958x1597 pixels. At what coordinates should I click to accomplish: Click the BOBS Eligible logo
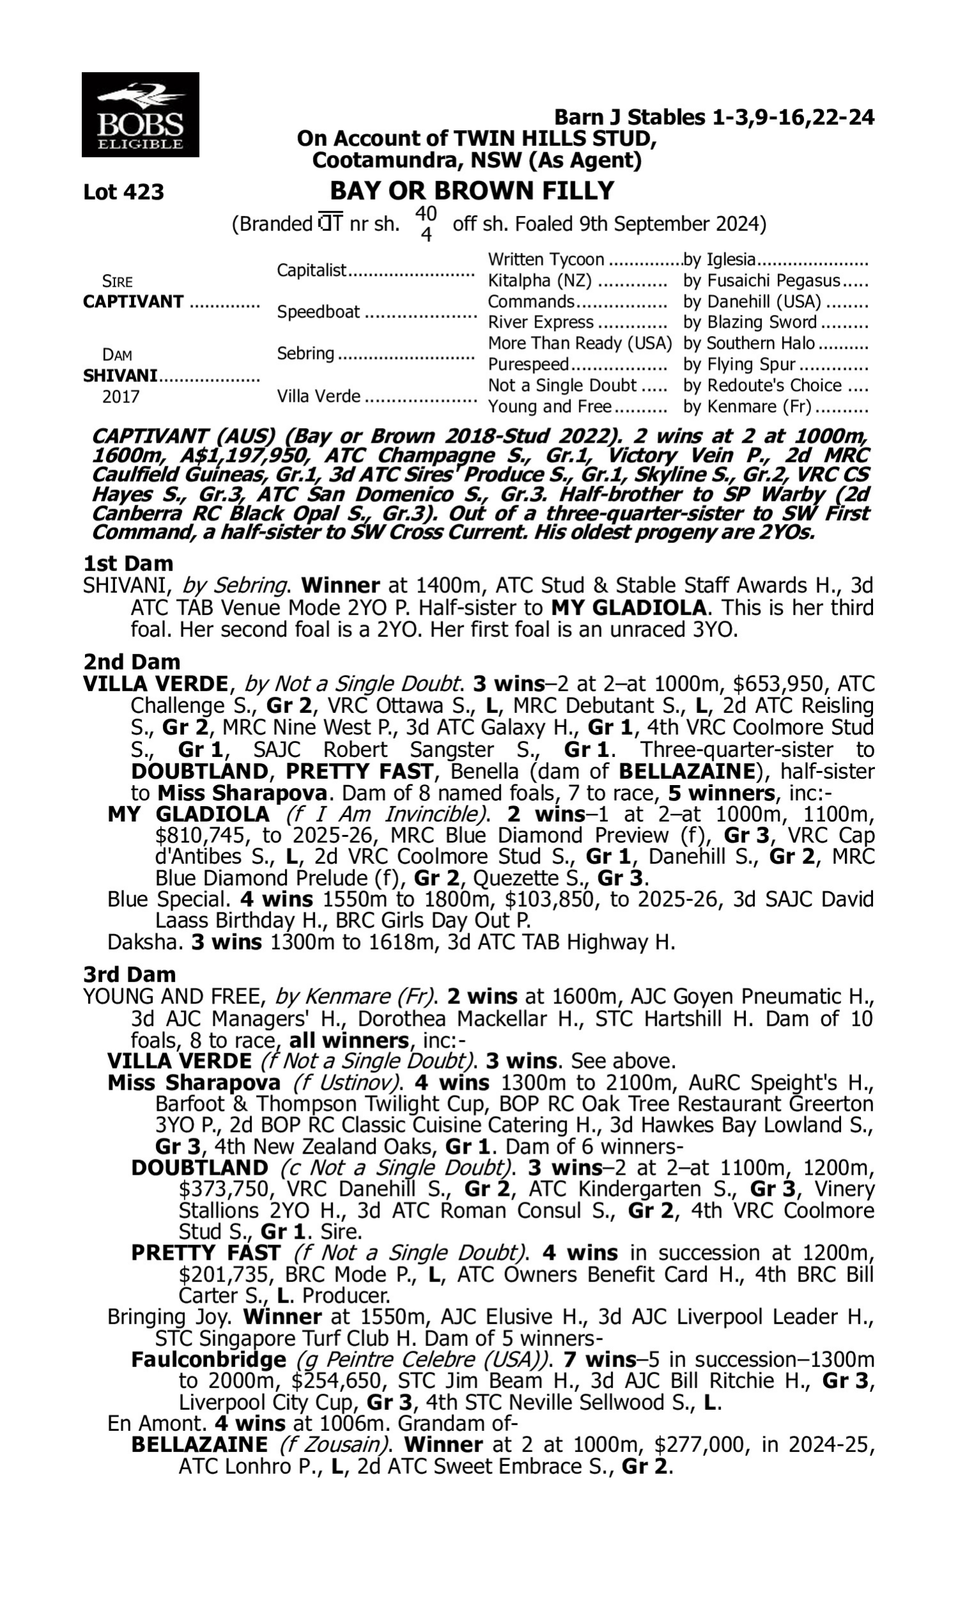[x=140, y=115]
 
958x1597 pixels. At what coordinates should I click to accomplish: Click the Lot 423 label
[x=123, y=192]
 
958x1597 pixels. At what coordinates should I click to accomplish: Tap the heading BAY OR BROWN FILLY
[x=472, y=190]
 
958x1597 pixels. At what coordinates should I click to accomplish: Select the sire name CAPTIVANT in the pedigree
[x=133, y=302]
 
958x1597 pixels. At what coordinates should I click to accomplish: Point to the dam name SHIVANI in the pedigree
[x=120, y=376]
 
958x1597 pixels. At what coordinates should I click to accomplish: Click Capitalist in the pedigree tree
[x=312, y=270]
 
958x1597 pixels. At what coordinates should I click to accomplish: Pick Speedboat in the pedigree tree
[x=318, y=312]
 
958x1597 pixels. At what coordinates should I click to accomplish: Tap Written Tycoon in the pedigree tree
[x=545, y=259]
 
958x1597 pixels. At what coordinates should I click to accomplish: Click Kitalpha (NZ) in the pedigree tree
[x=540, y=281]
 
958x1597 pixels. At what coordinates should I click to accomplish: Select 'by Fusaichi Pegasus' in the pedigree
[x=762, y=281]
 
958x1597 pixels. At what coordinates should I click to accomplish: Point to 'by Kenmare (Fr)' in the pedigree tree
[x=747, y=407]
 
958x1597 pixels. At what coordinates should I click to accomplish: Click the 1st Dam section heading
[x=128, y=563]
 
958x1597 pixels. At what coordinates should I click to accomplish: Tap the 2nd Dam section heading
[x=131, y=662]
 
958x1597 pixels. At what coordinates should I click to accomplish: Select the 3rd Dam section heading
[x=129, y=974]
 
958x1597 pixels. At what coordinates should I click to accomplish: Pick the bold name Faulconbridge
[x=208, y=1359]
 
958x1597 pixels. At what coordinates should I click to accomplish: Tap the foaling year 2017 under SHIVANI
[x=121, y=396]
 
